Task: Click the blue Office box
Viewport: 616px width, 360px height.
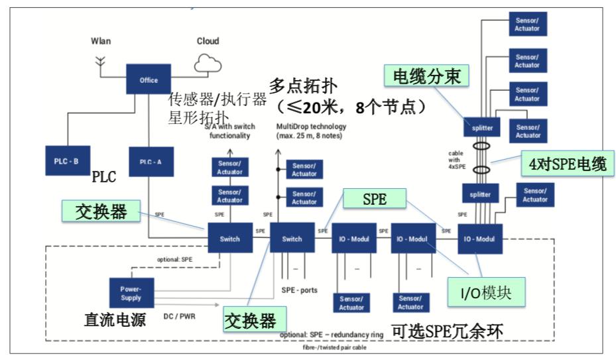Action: pos(149,80)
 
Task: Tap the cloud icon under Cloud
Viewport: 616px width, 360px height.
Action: pos(208,63)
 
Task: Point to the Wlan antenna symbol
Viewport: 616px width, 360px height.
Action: pos(101,62)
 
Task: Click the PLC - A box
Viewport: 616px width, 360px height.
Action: pos(149,161)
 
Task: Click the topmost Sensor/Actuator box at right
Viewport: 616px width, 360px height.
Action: pos(527,23)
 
